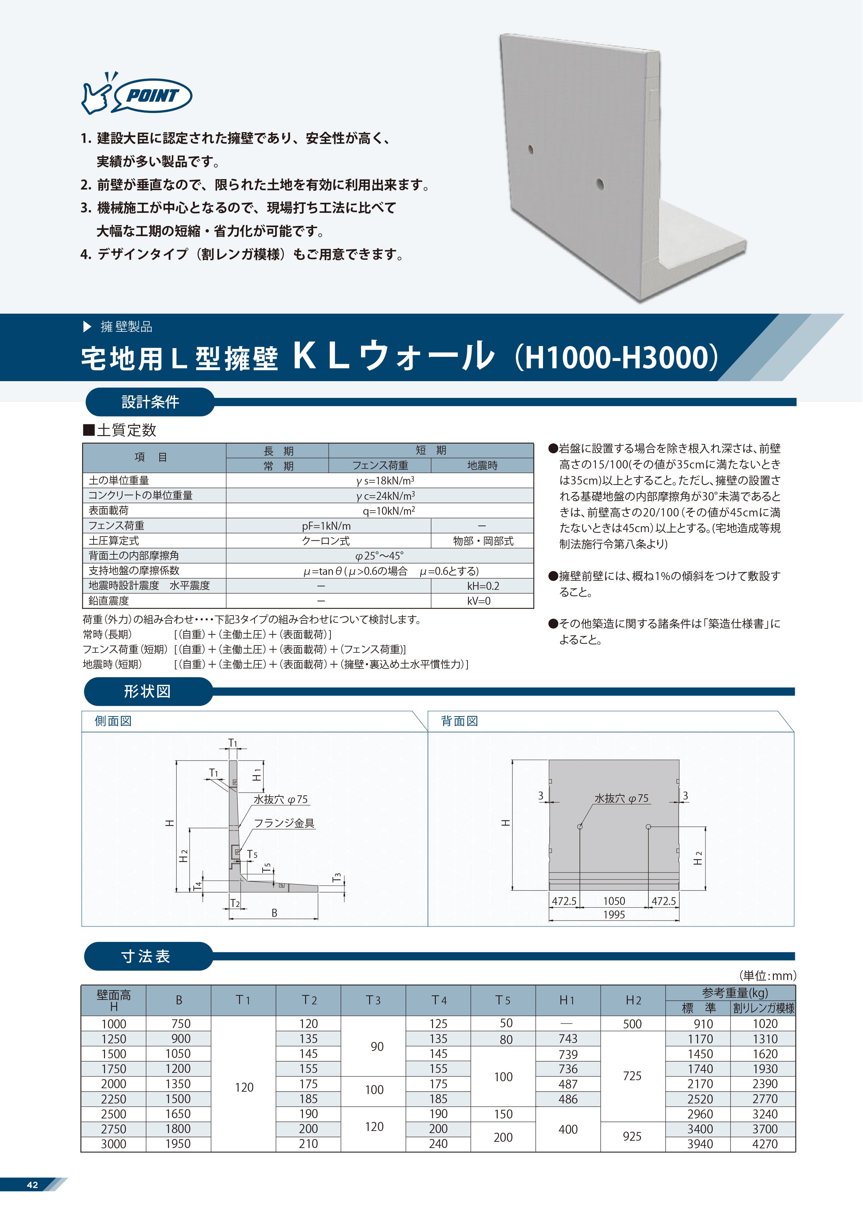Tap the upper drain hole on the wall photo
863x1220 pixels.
point(530,149)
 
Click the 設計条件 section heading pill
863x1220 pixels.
point(150,402)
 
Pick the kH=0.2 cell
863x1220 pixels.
point(482,586)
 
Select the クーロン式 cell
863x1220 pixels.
point(326,541)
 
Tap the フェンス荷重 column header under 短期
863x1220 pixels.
point(380,465)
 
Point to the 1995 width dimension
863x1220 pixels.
point(614,914)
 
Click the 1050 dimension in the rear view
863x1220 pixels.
point(614,901)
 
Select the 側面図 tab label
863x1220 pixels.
point(113,721)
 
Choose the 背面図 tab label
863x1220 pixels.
point(459,721)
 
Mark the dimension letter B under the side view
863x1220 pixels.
point(274,913)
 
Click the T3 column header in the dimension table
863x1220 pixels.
point(373,1000)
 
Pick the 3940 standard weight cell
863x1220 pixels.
point(700,1144)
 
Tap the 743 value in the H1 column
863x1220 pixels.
point(568,1039)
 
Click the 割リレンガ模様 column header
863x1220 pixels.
point(763,1008)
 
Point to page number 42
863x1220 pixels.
point(32,1185)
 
